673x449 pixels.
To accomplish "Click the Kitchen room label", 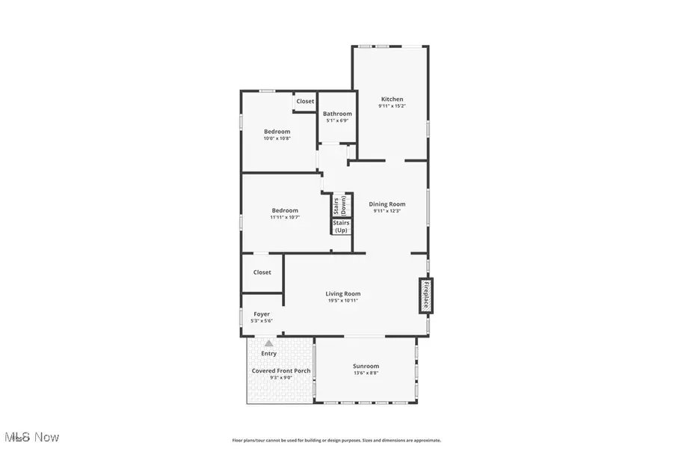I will pos(392,99).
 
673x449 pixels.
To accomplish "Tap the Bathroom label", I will pos(337,114).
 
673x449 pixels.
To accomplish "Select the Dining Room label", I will pos(387,204).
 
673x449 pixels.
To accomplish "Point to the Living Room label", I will pos(342,293).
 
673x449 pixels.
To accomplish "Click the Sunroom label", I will pos(366,366).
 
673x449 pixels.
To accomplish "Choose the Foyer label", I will pos(262,314).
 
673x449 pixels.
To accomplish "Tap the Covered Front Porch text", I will pos(281,370).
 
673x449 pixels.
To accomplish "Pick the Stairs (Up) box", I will pos(341,227).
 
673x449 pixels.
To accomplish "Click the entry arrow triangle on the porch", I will pos(268,343).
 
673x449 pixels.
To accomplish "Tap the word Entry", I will pos(268,353).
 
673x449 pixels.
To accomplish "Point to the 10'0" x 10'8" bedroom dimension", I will pos(277,138).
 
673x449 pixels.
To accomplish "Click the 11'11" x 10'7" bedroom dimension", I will pos(285,218).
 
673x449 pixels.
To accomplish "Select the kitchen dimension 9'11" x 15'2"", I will pos(392,106).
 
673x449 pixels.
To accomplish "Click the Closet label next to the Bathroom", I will pos(305,101).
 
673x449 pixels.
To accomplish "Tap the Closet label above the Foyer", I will pos(262,272).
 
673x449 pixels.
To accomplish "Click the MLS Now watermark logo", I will pos(31,436).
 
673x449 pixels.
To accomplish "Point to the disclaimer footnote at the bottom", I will pos(336,440).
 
